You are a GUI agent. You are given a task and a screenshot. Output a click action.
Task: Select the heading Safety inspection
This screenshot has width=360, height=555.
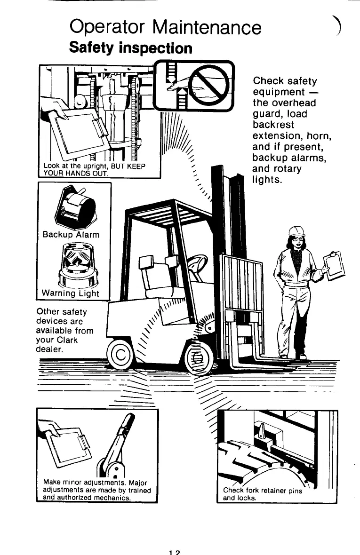pyautogui.click(x=130, y=48)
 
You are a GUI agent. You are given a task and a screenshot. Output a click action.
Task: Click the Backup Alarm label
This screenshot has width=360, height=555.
pyautogui.click(x=71, y=234)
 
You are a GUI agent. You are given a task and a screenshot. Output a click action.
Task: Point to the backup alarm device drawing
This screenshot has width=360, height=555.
pyautogui.click(x=75, y=207)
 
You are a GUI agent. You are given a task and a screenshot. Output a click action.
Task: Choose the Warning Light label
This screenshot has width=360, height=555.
pyautogui.click(x=71, y=293)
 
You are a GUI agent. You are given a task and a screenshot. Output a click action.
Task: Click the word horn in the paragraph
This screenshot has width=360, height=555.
pyautogui.click(x=319, y=136)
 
